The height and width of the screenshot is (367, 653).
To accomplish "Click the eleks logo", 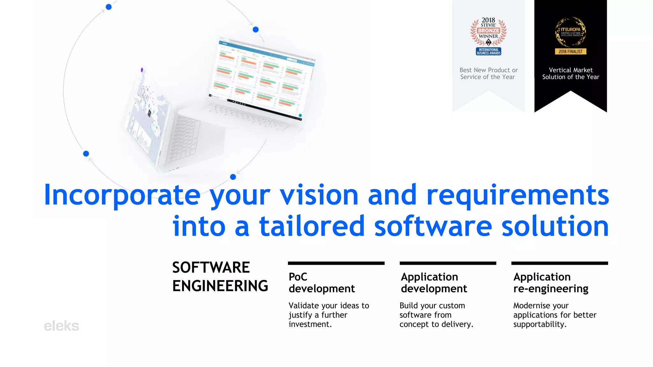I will tap(61, 326).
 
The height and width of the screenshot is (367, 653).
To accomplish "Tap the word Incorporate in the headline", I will tap(122, 195).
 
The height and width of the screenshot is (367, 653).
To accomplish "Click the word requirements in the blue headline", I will tap(517, 195).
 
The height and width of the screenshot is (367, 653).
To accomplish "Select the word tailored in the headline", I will tap(312, 226).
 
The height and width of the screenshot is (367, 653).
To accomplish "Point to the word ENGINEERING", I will tap(220, 286).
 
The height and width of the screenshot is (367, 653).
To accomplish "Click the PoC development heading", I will tap(321, 283).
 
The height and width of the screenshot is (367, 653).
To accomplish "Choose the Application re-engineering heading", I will tap(551, 283).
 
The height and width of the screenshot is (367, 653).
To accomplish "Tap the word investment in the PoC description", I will tap(310, 324).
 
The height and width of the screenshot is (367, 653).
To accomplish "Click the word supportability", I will tap(539, 324).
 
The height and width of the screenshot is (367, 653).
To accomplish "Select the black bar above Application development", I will tap(448, 263).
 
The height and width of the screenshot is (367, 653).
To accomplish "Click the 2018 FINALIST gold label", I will tap(570, 52).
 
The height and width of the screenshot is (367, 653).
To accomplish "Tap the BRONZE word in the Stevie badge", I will tap(488, 31).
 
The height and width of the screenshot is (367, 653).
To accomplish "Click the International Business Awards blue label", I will tap(488, 51).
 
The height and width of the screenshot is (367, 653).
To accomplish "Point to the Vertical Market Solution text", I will tap(570, 74).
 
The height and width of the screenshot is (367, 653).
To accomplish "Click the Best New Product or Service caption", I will tap(488, 74).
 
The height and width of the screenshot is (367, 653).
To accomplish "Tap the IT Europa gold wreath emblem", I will tap(570, 32).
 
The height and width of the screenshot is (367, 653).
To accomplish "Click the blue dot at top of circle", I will tap(109, 7).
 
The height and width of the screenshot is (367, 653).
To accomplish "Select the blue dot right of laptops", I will tap(255, 30).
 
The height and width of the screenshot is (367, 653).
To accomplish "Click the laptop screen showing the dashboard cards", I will tap(261, 80).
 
